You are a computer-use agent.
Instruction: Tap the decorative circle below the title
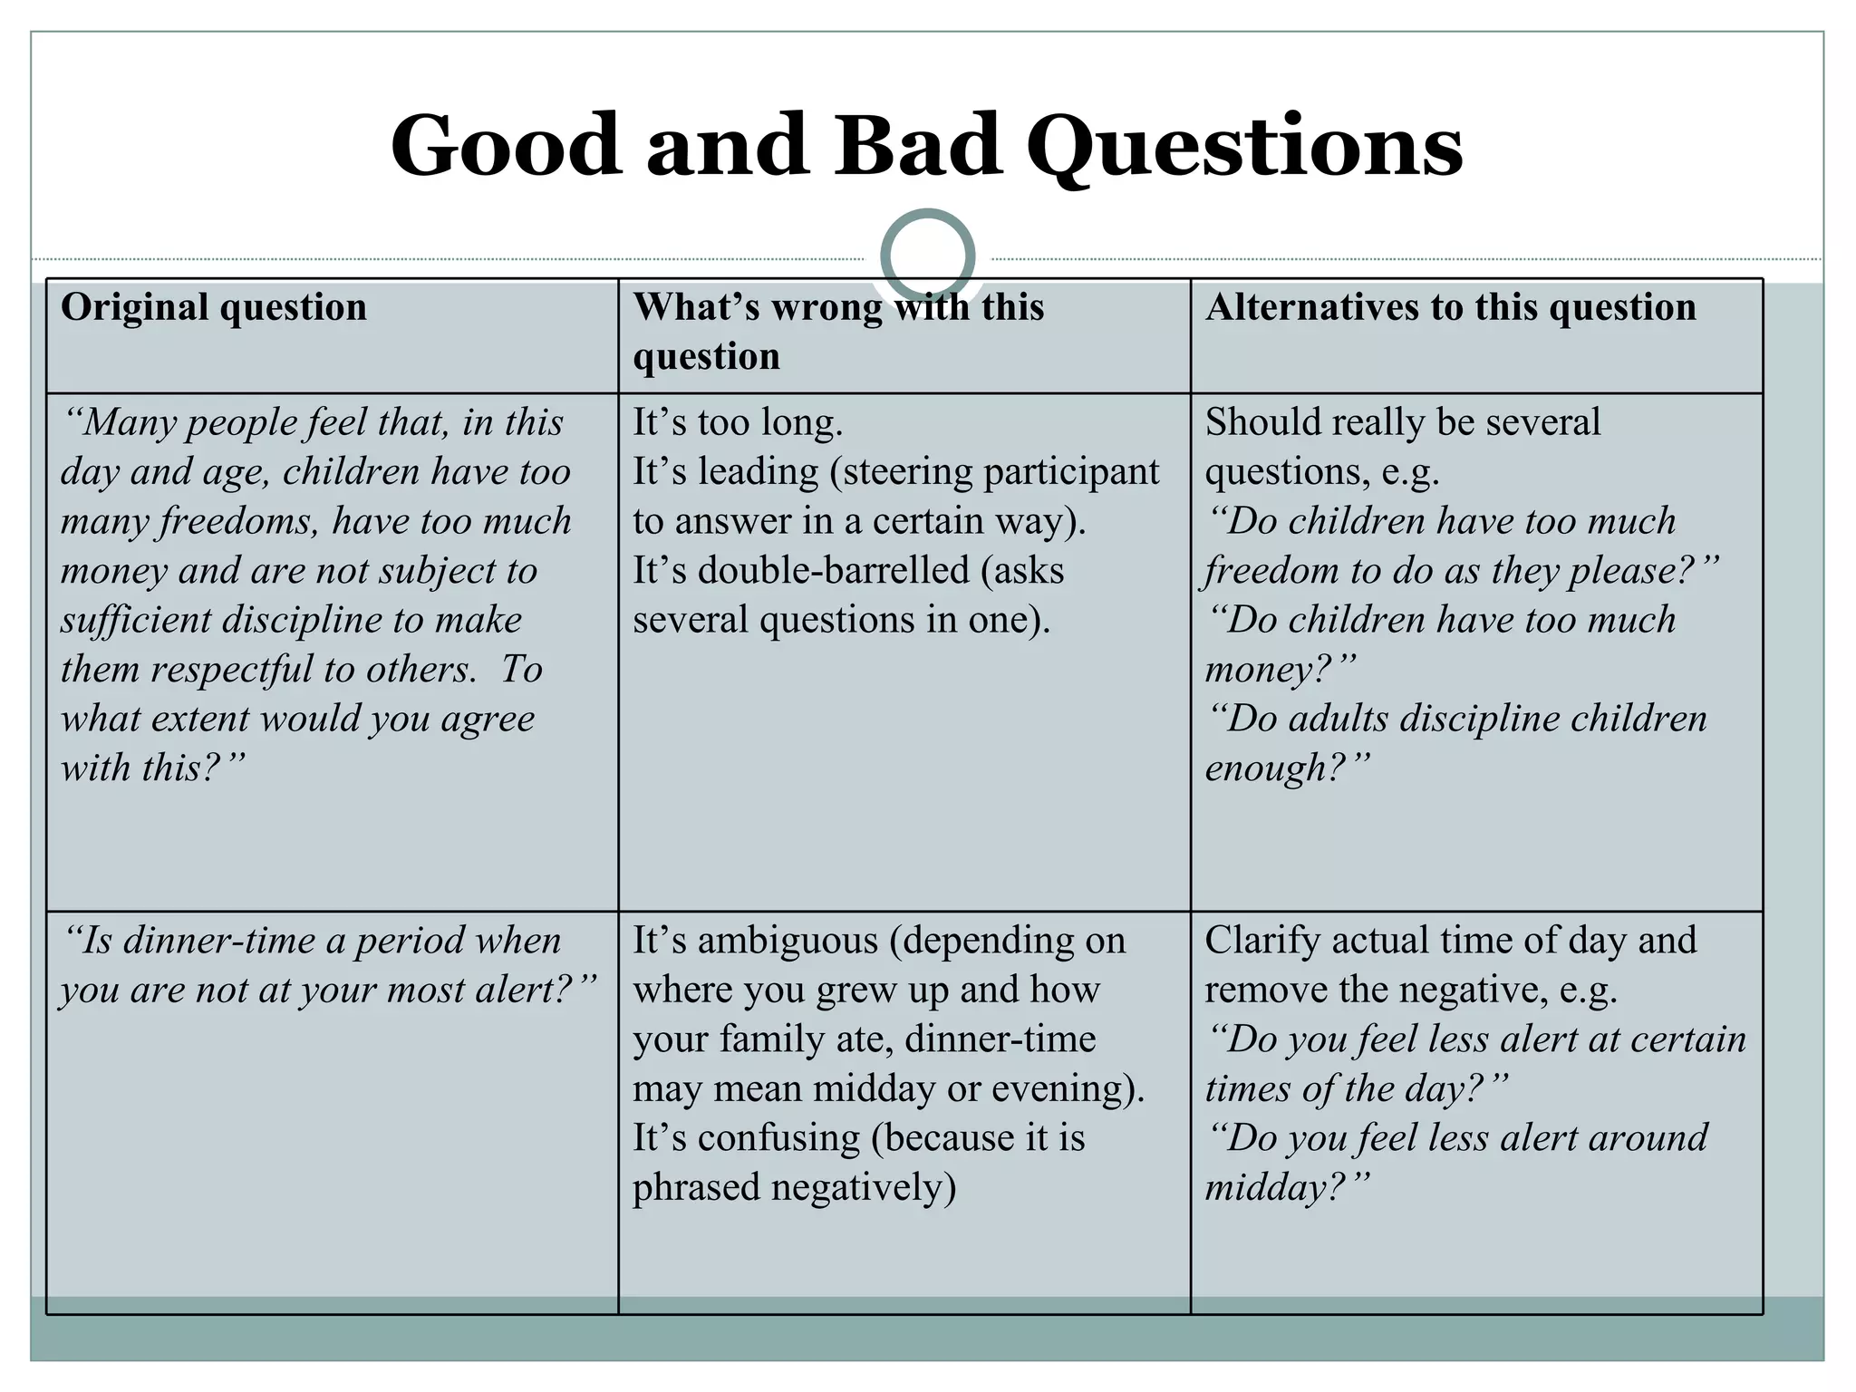pyautogui.click(x=927, y=256)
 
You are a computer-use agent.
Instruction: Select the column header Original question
pyautogui.click(x=214, y=307)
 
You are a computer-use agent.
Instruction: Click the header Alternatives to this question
pyautogui.click(x=1450, y=307)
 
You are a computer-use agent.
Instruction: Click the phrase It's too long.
pyautogui.click(x=738, y=423)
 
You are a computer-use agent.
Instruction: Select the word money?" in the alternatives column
pyautogui.click(x=1280, y=670)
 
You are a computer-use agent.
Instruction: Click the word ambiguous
pyautogui.click(x=788, y=941)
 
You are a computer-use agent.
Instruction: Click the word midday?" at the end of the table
pyautogui.click(x=1286, y=1187)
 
